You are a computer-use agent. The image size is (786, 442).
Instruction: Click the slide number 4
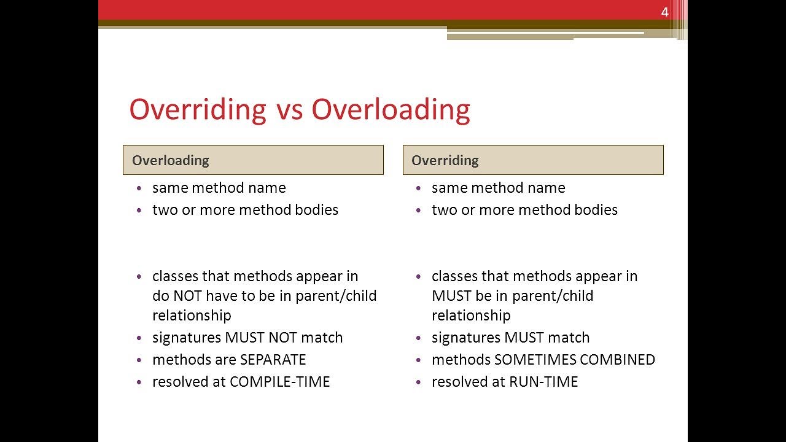(664, 12)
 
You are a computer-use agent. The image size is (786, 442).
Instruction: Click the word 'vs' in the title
(289, 110)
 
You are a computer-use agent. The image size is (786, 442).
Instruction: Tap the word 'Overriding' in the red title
(197, 110)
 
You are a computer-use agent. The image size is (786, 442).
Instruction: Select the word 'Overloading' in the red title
(391, 110)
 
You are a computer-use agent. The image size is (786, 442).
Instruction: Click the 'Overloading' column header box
(253, 160)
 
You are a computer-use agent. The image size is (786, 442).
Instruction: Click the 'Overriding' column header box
(532, 160)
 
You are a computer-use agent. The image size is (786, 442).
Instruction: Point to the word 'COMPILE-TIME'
(279, 382)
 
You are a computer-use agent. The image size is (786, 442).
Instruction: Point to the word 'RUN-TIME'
(543, 382)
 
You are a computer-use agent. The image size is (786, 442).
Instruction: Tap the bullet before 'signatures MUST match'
(419, 338)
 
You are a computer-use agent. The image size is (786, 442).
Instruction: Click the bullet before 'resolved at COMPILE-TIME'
(139, 382)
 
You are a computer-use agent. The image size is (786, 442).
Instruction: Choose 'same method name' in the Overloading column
(219, 188)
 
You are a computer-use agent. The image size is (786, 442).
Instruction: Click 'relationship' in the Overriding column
(471, 316)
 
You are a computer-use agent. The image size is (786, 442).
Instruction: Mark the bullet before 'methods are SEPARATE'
(139, 360)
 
